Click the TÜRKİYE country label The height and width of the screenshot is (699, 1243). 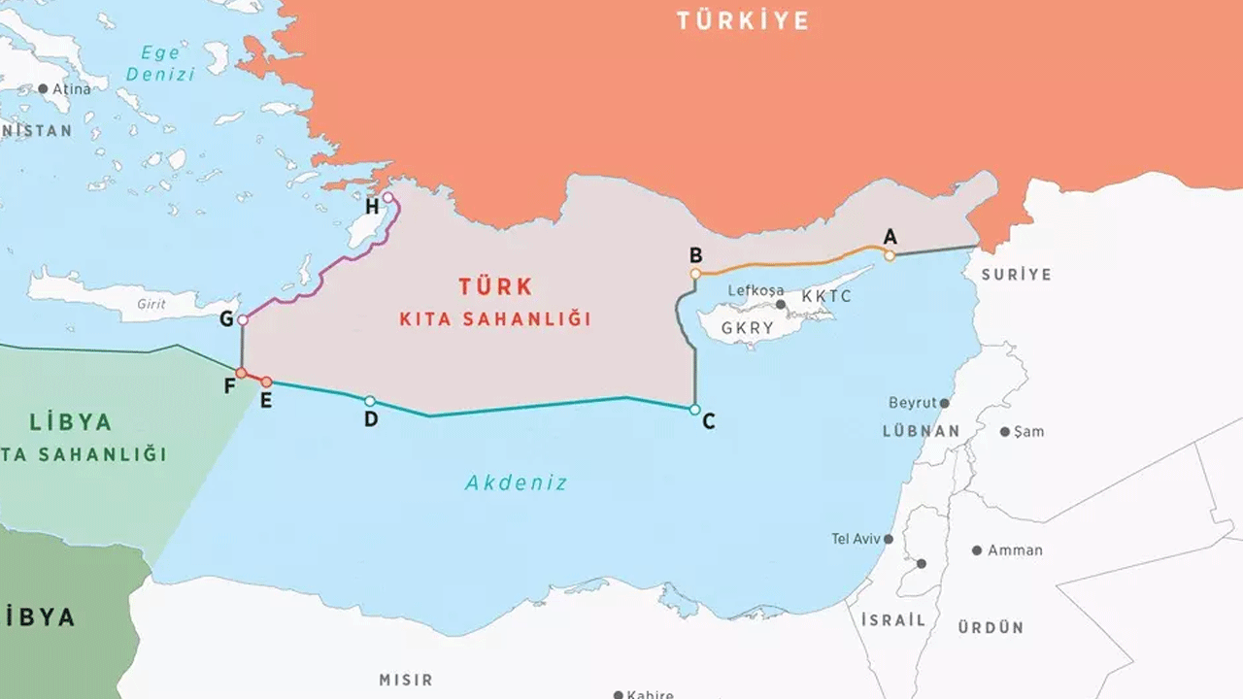743,21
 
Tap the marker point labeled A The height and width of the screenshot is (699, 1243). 890,255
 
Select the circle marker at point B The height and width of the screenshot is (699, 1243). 695,274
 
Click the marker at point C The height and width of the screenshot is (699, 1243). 695,410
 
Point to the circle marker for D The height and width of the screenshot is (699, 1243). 370,400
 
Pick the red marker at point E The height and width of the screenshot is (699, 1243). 266,383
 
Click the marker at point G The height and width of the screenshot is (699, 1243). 243,319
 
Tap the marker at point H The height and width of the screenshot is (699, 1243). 388,198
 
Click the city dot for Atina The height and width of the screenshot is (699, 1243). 43,88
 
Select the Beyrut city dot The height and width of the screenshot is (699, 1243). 944,403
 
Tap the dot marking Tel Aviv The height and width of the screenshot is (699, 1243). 888,539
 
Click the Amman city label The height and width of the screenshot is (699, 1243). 1015,550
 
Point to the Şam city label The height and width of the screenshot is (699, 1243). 1028,431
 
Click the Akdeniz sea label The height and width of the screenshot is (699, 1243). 516,483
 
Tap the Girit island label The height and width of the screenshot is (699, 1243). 151,304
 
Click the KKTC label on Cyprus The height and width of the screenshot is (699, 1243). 826,296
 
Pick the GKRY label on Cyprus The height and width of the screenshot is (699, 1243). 748,328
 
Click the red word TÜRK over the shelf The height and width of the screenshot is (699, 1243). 496,287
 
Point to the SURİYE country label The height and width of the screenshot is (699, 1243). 1016,275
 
